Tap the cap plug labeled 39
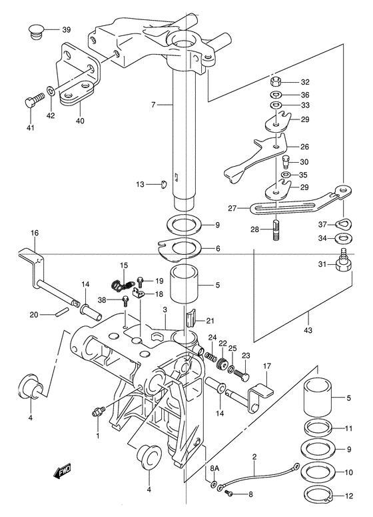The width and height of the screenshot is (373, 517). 35,31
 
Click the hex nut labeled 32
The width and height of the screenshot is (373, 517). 276,81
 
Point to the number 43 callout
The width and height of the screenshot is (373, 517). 308,330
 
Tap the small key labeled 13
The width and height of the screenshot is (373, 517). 164,184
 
